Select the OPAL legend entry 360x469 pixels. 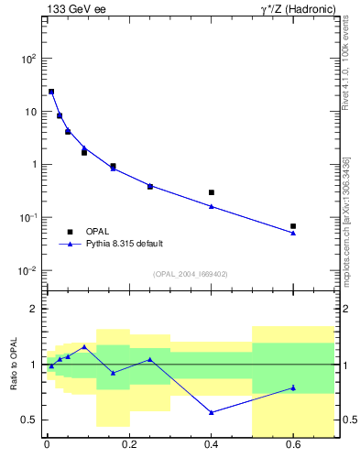[97, 232]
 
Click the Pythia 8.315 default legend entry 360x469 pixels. [124, 244]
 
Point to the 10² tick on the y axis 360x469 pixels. [28, 59]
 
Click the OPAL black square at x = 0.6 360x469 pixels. [293, 225]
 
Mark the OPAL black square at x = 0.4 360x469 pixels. [212, 192]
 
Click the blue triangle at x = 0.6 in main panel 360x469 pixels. [293, 233]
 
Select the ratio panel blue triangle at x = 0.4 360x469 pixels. [212, 412]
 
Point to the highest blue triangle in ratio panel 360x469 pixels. [84, 347]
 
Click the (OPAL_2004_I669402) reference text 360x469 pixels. [191, 274]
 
